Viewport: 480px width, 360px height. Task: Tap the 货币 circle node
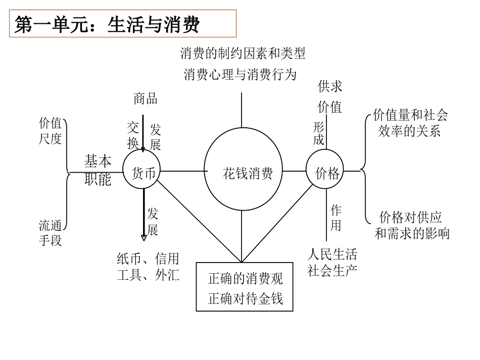[x=143, y=173]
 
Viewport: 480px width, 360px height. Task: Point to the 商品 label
[x=145, y=98]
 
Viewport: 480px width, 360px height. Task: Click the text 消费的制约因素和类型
[x=243, y=53]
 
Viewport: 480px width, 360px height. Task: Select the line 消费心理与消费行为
[x=239, y=75]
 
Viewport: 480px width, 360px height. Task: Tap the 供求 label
[x=330, y=87]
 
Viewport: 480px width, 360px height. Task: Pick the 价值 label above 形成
[x=330, y=107]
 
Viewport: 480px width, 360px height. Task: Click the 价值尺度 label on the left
[x=51, y=131]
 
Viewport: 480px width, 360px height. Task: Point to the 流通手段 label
[x=51, y=232]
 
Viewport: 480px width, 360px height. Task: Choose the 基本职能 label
[x=98, y=171]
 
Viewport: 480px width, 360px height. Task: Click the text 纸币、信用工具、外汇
[x=148, y=267]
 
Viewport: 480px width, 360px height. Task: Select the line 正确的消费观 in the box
[x=245, y=278]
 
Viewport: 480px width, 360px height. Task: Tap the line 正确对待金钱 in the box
[x=245, y=298]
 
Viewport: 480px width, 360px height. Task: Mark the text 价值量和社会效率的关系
[x=410, y=123]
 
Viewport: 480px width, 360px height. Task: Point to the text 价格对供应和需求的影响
[x=411, y=225]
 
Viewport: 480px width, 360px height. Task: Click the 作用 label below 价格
[x=336, y=217]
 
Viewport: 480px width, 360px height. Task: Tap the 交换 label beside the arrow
[x=133, y=135]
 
